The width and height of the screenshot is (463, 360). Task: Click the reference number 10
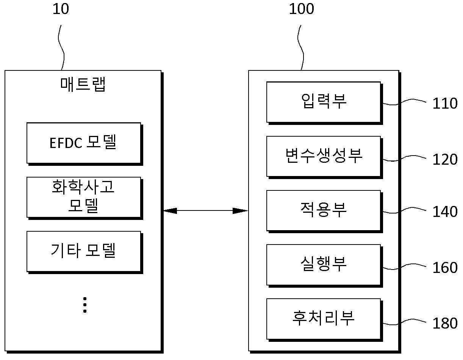point(61,9)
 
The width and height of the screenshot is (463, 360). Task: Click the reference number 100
point(301,9)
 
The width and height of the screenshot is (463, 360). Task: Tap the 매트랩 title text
point(83,84)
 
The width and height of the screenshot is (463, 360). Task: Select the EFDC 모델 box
point(84,144)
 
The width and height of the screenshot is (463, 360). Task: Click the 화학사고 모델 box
point(84,198)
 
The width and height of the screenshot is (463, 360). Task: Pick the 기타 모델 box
point(84,252)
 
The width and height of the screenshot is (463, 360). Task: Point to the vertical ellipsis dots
point(85,305)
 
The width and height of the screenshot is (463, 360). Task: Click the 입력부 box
point(324,103)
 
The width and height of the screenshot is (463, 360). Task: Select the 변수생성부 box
point(324,157)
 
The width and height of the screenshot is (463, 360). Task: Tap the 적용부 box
point(324,211)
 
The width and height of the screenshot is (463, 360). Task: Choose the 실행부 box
point(324,266)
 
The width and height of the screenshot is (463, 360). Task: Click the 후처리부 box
point(324,320)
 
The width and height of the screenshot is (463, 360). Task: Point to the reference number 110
point(445,103)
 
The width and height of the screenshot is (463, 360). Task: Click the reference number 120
point(445,159)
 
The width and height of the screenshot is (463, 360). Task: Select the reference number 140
point(445,212)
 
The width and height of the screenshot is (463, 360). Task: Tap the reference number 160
point(445,268)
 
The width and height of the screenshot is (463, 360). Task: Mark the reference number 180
point(445,323)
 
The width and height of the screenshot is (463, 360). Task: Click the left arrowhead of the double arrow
point(170,211)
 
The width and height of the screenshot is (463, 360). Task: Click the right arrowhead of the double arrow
point(240,211)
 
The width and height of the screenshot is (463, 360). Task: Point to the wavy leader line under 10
point(61,47)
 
